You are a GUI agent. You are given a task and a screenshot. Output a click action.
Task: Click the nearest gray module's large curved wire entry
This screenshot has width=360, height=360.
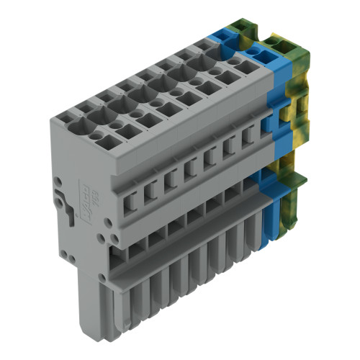click(91, 115)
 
